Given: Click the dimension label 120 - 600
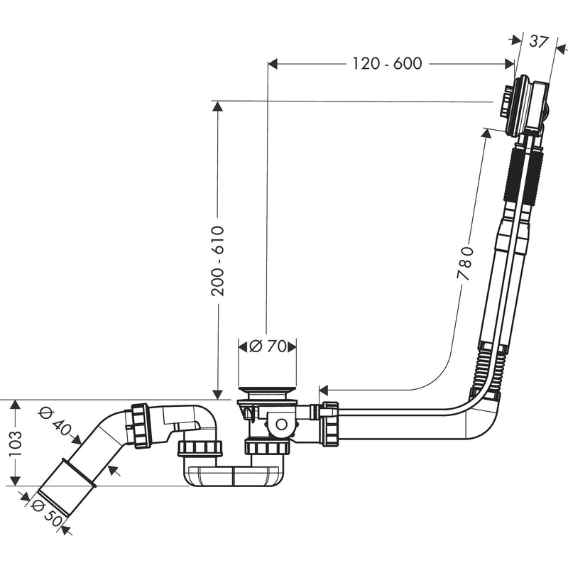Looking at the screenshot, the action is tap(387, 64).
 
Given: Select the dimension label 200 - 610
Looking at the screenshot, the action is tap(218, 261).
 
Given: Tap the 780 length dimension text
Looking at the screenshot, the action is tap(465, 263).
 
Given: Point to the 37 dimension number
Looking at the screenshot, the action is tap(539, 41).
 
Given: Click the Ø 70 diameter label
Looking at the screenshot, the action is tap(268, 346).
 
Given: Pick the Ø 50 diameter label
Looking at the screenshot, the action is tap(47, 511).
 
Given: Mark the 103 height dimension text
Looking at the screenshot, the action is tap(15, 443).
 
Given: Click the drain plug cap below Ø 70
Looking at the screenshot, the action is tap(268, 393).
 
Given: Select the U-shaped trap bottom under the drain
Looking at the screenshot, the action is tap(234, 476).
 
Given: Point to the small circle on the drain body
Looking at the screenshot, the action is tap(281, 424).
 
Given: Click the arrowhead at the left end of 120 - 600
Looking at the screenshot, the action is tap(273, 64).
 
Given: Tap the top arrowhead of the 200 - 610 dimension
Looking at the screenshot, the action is tap(217, 106).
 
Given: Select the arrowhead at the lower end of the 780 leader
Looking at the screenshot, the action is tap(323, 390).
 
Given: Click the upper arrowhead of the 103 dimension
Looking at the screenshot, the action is tap(15, 405).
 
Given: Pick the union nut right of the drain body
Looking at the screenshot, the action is tap(330, 423).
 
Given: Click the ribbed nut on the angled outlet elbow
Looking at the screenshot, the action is tap(140, 426).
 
